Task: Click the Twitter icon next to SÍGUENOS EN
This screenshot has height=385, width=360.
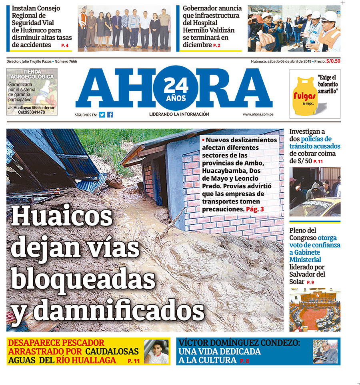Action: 102,115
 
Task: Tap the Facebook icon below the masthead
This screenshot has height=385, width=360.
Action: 110,115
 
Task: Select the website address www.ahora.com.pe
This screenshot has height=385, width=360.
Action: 258,114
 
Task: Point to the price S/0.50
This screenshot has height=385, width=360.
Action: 333,61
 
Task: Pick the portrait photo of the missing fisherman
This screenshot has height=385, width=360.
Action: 156,352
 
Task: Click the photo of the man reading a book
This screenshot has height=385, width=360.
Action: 325,352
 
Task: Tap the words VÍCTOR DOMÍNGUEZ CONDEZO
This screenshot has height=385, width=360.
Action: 239,343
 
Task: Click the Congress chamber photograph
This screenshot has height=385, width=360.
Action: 315,311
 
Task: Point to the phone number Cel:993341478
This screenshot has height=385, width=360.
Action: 32,112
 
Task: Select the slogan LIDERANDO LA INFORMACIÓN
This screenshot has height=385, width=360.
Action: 179,114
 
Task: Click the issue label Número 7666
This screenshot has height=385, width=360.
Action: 66,62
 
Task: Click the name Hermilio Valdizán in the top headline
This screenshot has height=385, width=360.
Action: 209,30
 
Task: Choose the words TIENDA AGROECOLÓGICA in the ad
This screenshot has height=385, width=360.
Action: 32,74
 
